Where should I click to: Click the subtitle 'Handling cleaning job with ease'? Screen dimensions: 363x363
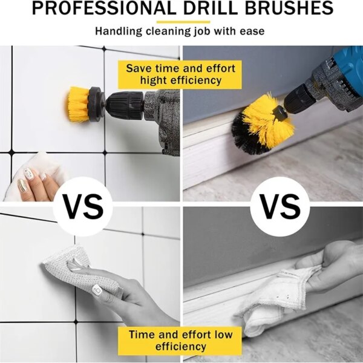(181, 30)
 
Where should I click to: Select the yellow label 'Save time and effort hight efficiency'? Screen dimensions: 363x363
(180, 73)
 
